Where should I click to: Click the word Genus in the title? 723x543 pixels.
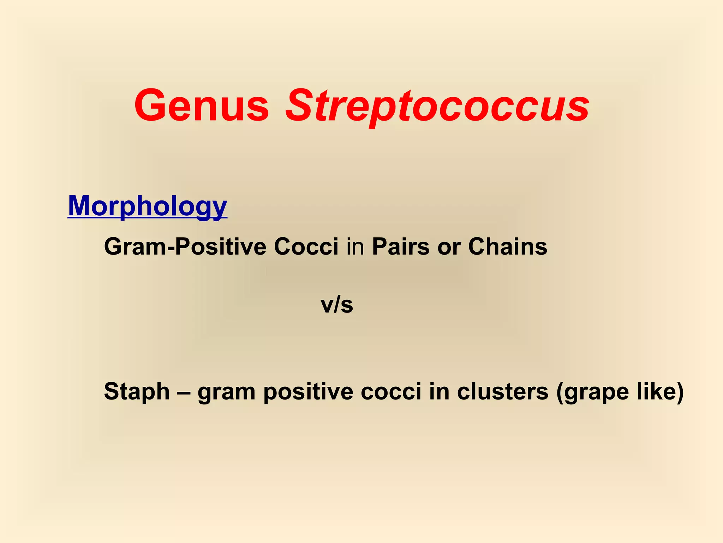202,106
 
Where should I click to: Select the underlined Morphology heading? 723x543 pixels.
148,206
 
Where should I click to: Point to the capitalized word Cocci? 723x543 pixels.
306,246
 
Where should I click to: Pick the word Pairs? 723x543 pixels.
401,246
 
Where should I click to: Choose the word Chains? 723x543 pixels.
508,246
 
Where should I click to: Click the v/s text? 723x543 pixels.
337,305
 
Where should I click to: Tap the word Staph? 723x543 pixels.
137,392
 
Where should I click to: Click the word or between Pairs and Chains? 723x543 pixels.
449,247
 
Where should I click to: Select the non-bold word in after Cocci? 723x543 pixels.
355,246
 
